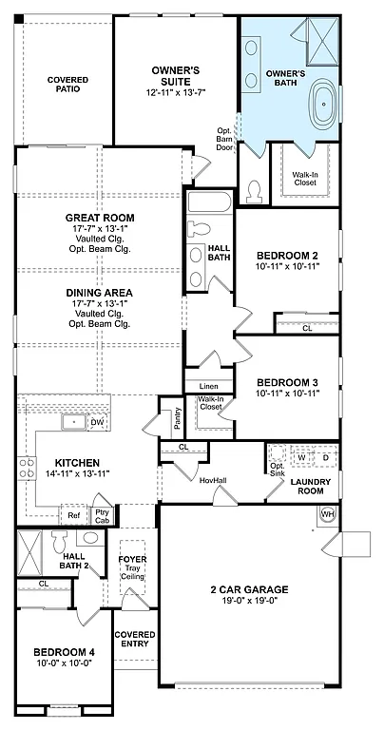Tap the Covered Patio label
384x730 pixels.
point(67,86)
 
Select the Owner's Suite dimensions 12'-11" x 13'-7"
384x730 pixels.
point(175,93)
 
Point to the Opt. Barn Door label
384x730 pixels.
point(225,139)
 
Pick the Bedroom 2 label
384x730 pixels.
point(288,256)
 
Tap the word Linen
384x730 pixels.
point(208,386)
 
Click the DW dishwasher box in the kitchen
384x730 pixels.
point(97,422)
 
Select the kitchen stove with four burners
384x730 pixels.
point(26,469)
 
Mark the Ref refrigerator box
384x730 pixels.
point(73,515)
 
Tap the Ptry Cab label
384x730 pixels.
point(102,515)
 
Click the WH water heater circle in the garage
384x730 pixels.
point(328,514)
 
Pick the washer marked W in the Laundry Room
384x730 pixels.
point(301,457)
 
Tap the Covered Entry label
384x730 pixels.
point(134,639)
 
